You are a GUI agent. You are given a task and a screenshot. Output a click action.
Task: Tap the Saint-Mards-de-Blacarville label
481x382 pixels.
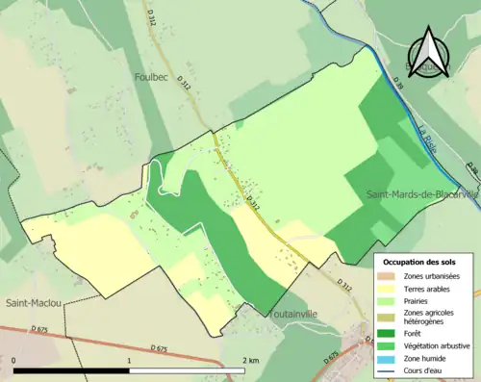point(420,194)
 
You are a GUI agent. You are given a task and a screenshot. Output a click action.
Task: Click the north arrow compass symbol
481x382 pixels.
point(428,52)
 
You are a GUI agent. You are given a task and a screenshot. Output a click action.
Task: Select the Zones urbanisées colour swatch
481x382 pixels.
point(390,276)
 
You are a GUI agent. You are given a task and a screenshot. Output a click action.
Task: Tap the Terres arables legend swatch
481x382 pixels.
point(390,288)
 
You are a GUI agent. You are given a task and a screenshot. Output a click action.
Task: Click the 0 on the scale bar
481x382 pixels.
point(15,360)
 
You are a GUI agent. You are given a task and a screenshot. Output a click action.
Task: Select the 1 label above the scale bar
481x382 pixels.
point(129,360)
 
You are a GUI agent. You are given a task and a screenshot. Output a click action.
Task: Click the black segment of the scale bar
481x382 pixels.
point(72,370)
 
